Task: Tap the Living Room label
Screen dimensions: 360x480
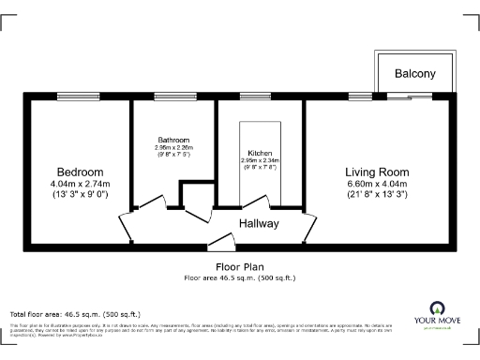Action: pyautogui.click(x=377, y=172)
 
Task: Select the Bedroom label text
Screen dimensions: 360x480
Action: pyautogui.click(x=80, y=172)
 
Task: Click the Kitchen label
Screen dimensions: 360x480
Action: pyautogui.click(x=260, y=153)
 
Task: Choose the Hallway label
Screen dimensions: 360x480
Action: pyautogui.click(x=260, y=224)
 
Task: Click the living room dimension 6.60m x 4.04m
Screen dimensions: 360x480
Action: pyautogui.click(x=377, y=185)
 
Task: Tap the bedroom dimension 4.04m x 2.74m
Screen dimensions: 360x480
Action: pyautogui.click(x=80, y=185)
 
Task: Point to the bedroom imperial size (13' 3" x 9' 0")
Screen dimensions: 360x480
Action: pyautogui.click(x=80, y=196)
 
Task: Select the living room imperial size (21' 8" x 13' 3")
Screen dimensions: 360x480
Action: pyautogui.click(x=377, y=196)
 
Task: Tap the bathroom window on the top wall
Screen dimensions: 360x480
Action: pyautogui.click(x=169, y=96)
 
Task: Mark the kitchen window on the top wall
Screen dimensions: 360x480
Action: pyautogui.click(x=254, y=96)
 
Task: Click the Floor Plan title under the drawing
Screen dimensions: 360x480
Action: pyautogui.click(x=239, y=267)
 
